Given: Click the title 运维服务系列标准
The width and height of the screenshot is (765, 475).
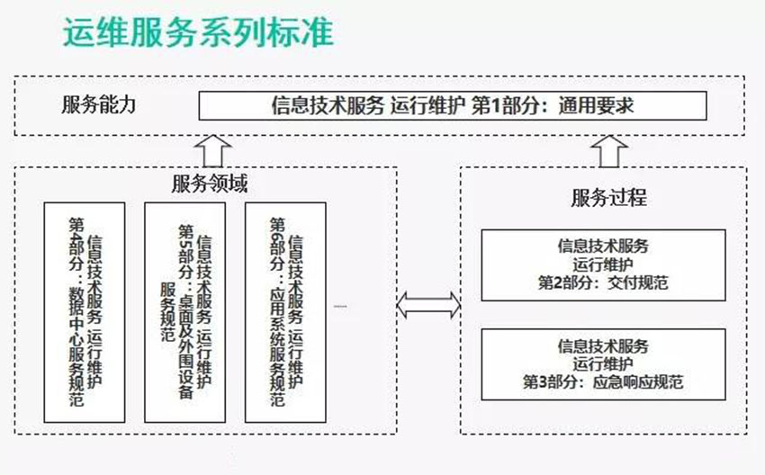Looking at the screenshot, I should (198, 33).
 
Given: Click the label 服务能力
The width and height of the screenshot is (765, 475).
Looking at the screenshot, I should (99, 104).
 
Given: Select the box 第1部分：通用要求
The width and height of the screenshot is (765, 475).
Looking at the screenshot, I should (453, 106).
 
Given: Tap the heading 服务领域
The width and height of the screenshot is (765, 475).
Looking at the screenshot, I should (210, 184).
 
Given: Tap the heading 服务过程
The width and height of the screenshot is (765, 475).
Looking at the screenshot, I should (608, 197).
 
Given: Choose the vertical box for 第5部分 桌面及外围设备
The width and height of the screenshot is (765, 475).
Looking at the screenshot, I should (185, 311).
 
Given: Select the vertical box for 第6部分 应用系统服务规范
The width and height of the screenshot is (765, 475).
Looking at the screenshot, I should (286, 311).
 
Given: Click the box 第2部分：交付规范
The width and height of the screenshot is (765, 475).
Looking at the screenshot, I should (603, 264).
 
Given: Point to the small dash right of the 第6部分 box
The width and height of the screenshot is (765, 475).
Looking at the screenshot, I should (340, 306).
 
